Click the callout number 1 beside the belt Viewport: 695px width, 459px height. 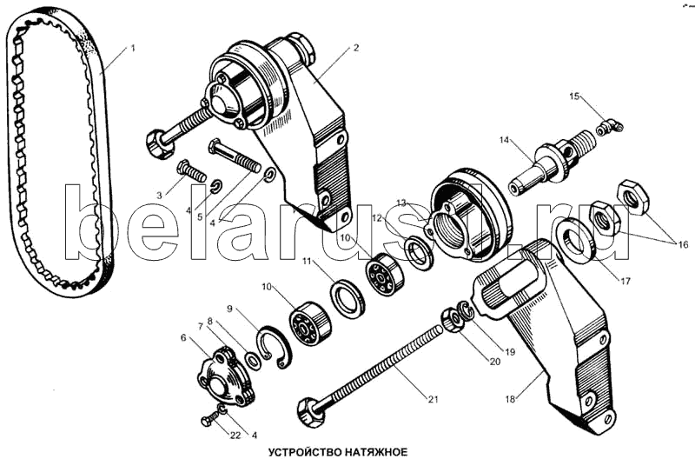(133, 49)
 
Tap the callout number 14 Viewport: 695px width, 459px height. (503, 139)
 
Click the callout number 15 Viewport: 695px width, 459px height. (573, 95)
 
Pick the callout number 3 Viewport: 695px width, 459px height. (159, 195)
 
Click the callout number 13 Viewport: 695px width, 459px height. (401, 203)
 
